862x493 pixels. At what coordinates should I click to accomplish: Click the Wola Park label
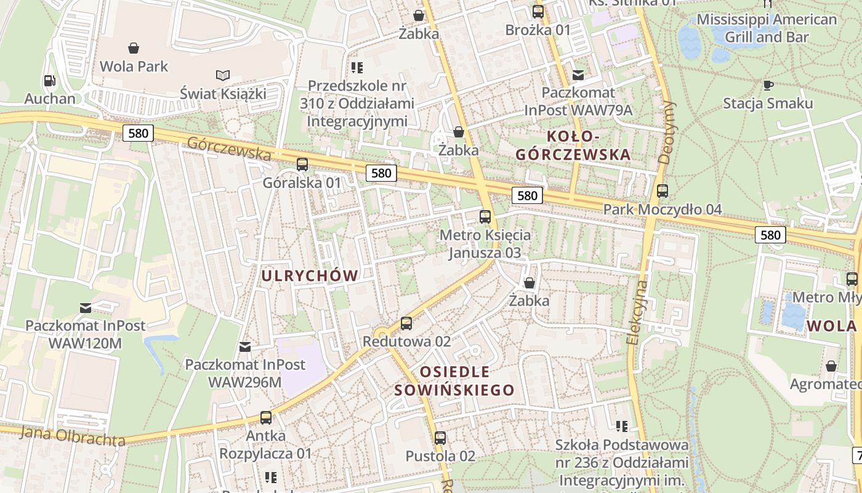pos(134,66)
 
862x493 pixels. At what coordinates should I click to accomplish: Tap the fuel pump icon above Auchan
pos(49,81)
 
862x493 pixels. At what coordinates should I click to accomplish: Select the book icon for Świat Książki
pos(223,75)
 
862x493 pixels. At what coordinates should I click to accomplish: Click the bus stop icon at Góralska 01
pos(302,165)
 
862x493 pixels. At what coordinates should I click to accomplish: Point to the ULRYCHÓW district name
pos(310,275)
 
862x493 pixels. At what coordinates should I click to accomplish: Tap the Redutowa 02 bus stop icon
pos(406,324)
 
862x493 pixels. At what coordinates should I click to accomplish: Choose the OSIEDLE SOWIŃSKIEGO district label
pos(454,381)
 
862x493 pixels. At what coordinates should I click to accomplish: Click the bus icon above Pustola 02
pos(440,438)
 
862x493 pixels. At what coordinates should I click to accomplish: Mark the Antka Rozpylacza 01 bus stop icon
pos(266,418)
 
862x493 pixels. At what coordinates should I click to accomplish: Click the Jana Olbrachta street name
pos(72,436)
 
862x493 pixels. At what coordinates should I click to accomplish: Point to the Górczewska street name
pos(229,148)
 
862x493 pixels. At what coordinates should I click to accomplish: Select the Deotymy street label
pos(666,132)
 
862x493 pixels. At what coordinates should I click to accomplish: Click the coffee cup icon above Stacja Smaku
pos(768,85)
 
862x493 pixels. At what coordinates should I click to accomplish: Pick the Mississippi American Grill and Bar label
pos(767,28)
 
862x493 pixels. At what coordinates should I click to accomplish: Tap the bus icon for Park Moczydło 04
pos(663,192)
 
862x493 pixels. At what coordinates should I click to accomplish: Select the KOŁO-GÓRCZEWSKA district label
pos(573,145)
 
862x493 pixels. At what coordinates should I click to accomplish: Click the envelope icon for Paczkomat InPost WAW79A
pos(578,75)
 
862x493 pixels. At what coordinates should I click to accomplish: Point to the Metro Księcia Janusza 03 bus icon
pos(485,217)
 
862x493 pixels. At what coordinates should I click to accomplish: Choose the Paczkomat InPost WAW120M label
pos(86,333)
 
